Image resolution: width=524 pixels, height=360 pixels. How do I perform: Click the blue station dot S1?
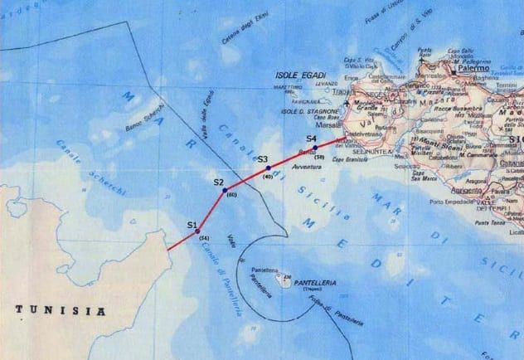tap(197, 231)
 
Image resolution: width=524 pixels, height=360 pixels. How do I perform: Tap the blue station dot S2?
tap(225, 190)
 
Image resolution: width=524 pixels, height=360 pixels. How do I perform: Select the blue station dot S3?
tap(269, 168)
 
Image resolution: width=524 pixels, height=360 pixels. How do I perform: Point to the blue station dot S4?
tap(315, 148)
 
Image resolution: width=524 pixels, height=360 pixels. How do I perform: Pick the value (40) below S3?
tap(268, 177)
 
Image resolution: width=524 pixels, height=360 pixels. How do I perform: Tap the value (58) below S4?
tap(318, 156)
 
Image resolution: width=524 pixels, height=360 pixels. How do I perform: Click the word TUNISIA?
tap(62, 311)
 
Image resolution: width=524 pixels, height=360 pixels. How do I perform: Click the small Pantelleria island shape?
tap(284, 280)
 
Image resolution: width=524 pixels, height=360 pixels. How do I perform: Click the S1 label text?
tap(192, 225)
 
